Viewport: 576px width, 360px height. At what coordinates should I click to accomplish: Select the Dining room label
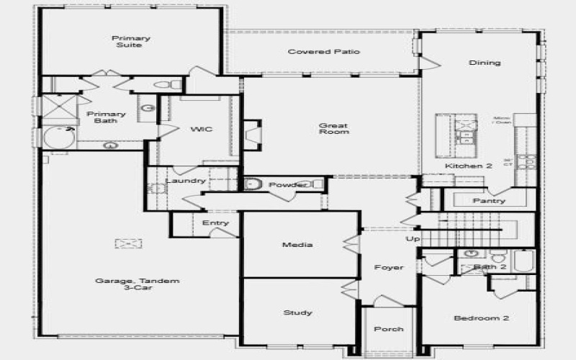(x=485, y=63)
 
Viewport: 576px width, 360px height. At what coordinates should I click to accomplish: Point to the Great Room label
(x=334, y=129)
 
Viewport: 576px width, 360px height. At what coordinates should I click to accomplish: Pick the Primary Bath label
(x=106, y=117)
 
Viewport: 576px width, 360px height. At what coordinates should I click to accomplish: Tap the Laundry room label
(x=186, y=181)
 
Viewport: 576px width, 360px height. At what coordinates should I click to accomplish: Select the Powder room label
(x=288, y=185)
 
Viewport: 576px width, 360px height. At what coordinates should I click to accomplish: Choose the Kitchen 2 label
(x=468, y=166)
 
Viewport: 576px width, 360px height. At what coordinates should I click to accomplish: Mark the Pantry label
(x=489, y=201)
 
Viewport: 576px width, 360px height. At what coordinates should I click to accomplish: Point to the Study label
(x=297, y=312)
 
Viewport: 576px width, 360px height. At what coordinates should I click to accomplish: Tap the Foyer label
(x=389, y=268)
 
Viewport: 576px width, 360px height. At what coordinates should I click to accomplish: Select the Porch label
(x=389, y=329)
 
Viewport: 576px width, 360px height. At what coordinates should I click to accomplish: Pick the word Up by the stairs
(x=413, y=238)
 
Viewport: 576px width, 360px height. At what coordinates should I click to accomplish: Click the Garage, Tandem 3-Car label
(x=137, y=285)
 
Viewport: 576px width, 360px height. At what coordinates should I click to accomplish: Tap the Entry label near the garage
(x=215, y=223)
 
